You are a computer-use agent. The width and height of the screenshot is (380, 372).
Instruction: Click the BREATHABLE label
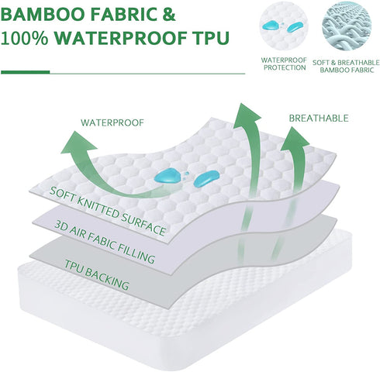tap(318, 119)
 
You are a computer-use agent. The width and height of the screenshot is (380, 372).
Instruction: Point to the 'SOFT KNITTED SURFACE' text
tap(109, 200)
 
